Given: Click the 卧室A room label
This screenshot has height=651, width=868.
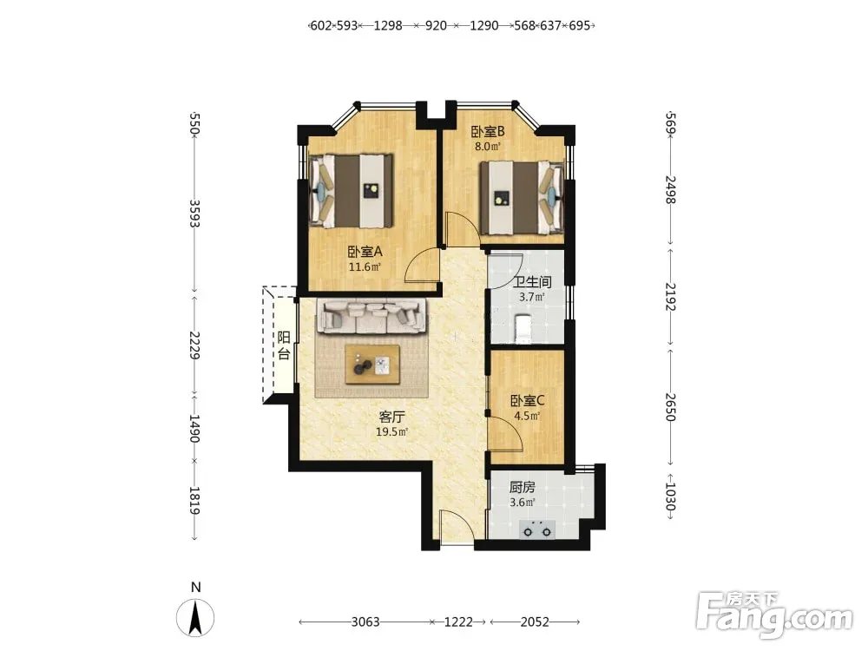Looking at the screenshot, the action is point(365,252).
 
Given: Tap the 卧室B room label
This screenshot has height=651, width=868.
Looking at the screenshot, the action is point(488,132).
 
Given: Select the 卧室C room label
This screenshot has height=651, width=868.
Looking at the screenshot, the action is point(528,400).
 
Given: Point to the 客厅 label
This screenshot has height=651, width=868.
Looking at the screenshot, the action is point(392,417).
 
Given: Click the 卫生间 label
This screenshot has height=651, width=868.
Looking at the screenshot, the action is point(533,282).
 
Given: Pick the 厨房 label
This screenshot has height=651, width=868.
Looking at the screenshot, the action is point(522,488).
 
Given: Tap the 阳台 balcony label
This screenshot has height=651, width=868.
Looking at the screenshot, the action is point(284,345).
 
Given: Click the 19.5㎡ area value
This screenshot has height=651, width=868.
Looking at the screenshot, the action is point(392,431).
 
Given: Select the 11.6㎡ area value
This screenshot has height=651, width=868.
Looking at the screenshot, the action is point(365,266).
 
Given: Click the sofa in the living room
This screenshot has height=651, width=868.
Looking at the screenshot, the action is point(372,316).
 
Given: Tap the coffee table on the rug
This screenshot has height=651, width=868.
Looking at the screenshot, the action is point(372,365).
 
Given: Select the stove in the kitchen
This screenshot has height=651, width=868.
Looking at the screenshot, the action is point(537,529).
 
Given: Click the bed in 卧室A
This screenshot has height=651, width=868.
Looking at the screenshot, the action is point(351,190).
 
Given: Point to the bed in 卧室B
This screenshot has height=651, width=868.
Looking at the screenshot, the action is point(522,198).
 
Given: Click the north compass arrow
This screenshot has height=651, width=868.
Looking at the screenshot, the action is point(194,618).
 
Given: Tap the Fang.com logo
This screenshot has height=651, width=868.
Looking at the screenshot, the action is point(774,615).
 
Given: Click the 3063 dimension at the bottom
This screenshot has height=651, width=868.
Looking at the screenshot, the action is point(366,622).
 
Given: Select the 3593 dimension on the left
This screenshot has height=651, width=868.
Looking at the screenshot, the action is point(194,214).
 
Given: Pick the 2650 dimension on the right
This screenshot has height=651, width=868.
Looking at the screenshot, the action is point(670,407).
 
